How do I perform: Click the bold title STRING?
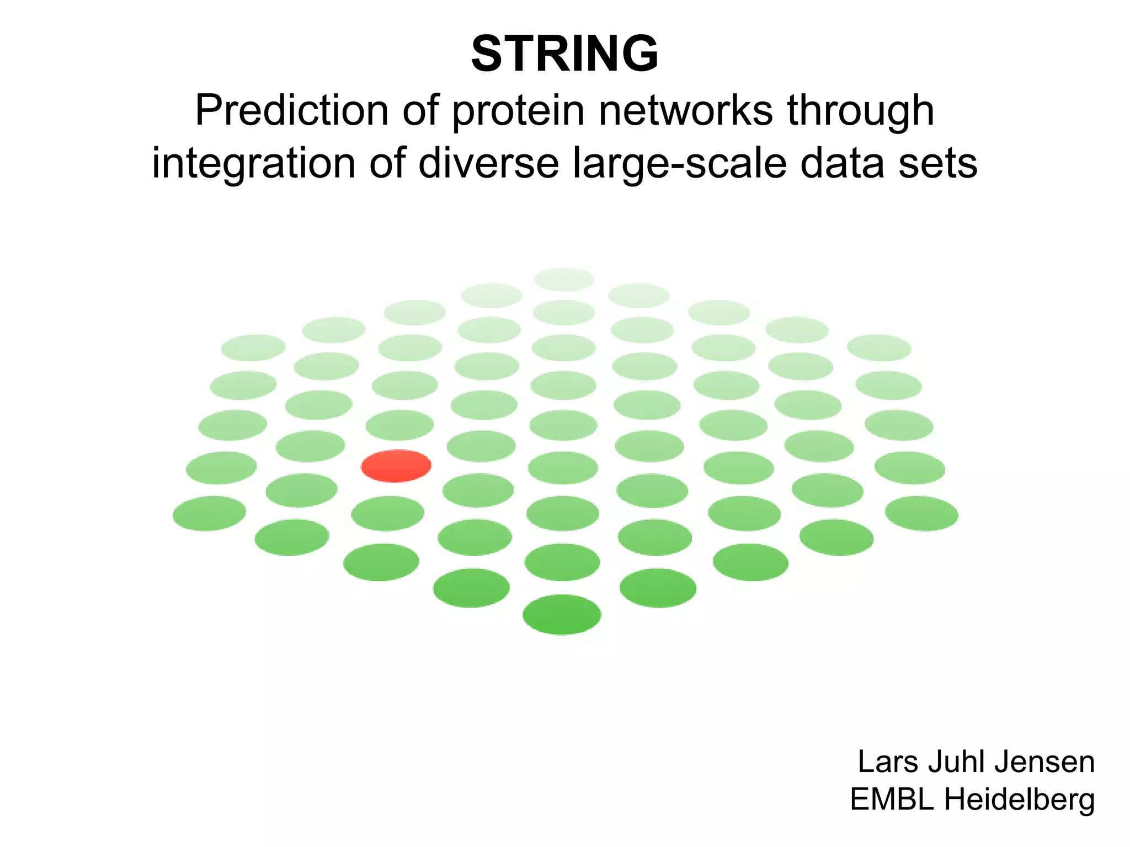point(564,53)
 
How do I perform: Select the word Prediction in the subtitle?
point(292,110)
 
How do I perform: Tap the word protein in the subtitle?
point(518,111)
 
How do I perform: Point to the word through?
point(860,111)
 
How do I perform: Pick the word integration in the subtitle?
point(253,164)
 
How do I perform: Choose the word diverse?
point(488,164)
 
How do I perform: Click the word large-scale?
point(680,164)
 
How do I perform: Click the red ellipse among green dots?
point(396,465)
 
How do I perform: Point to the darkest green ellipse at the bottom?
point(562,614)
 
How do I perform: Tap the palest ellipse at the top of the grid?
point(564,279)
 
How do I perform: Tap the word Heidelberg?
point(1019,800)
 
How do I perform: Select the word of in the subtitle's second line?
point(387,164)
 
